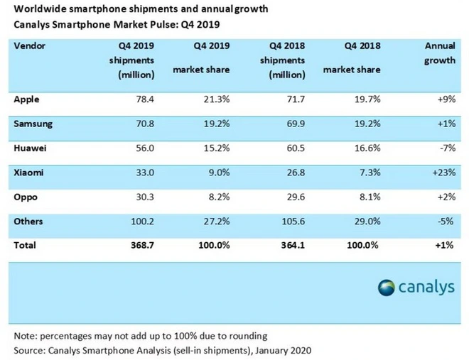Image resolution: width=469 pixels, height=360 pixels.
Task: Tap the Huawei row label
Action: coord(31,148)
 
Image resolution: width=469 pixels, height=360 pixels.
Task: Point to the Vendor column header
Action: coord(29,45)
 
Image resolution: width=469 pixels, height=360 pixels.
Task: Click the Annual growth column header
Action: coord(440,53)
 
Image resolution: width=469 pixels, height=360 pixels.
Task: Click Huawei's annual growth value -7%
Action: coord(445,148)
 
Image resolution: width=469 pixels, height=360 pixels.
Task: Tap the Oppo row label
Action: coord(26,197)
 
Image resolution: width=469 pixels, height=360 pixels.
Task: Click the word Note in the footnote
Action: coord(24,335)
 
